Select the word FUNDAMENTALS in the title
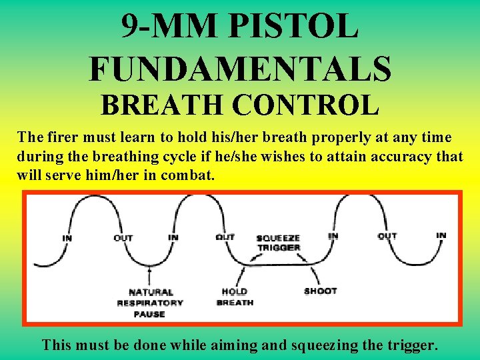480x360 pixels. (239, 69)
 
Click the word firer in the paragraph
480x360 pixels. (65, 138)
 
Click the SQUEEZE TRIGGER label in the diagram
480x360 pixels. (279, 243)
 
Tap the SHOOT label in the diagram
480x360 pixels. (320, 291)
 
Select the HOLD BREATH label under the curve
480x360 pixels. (235, 297)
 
